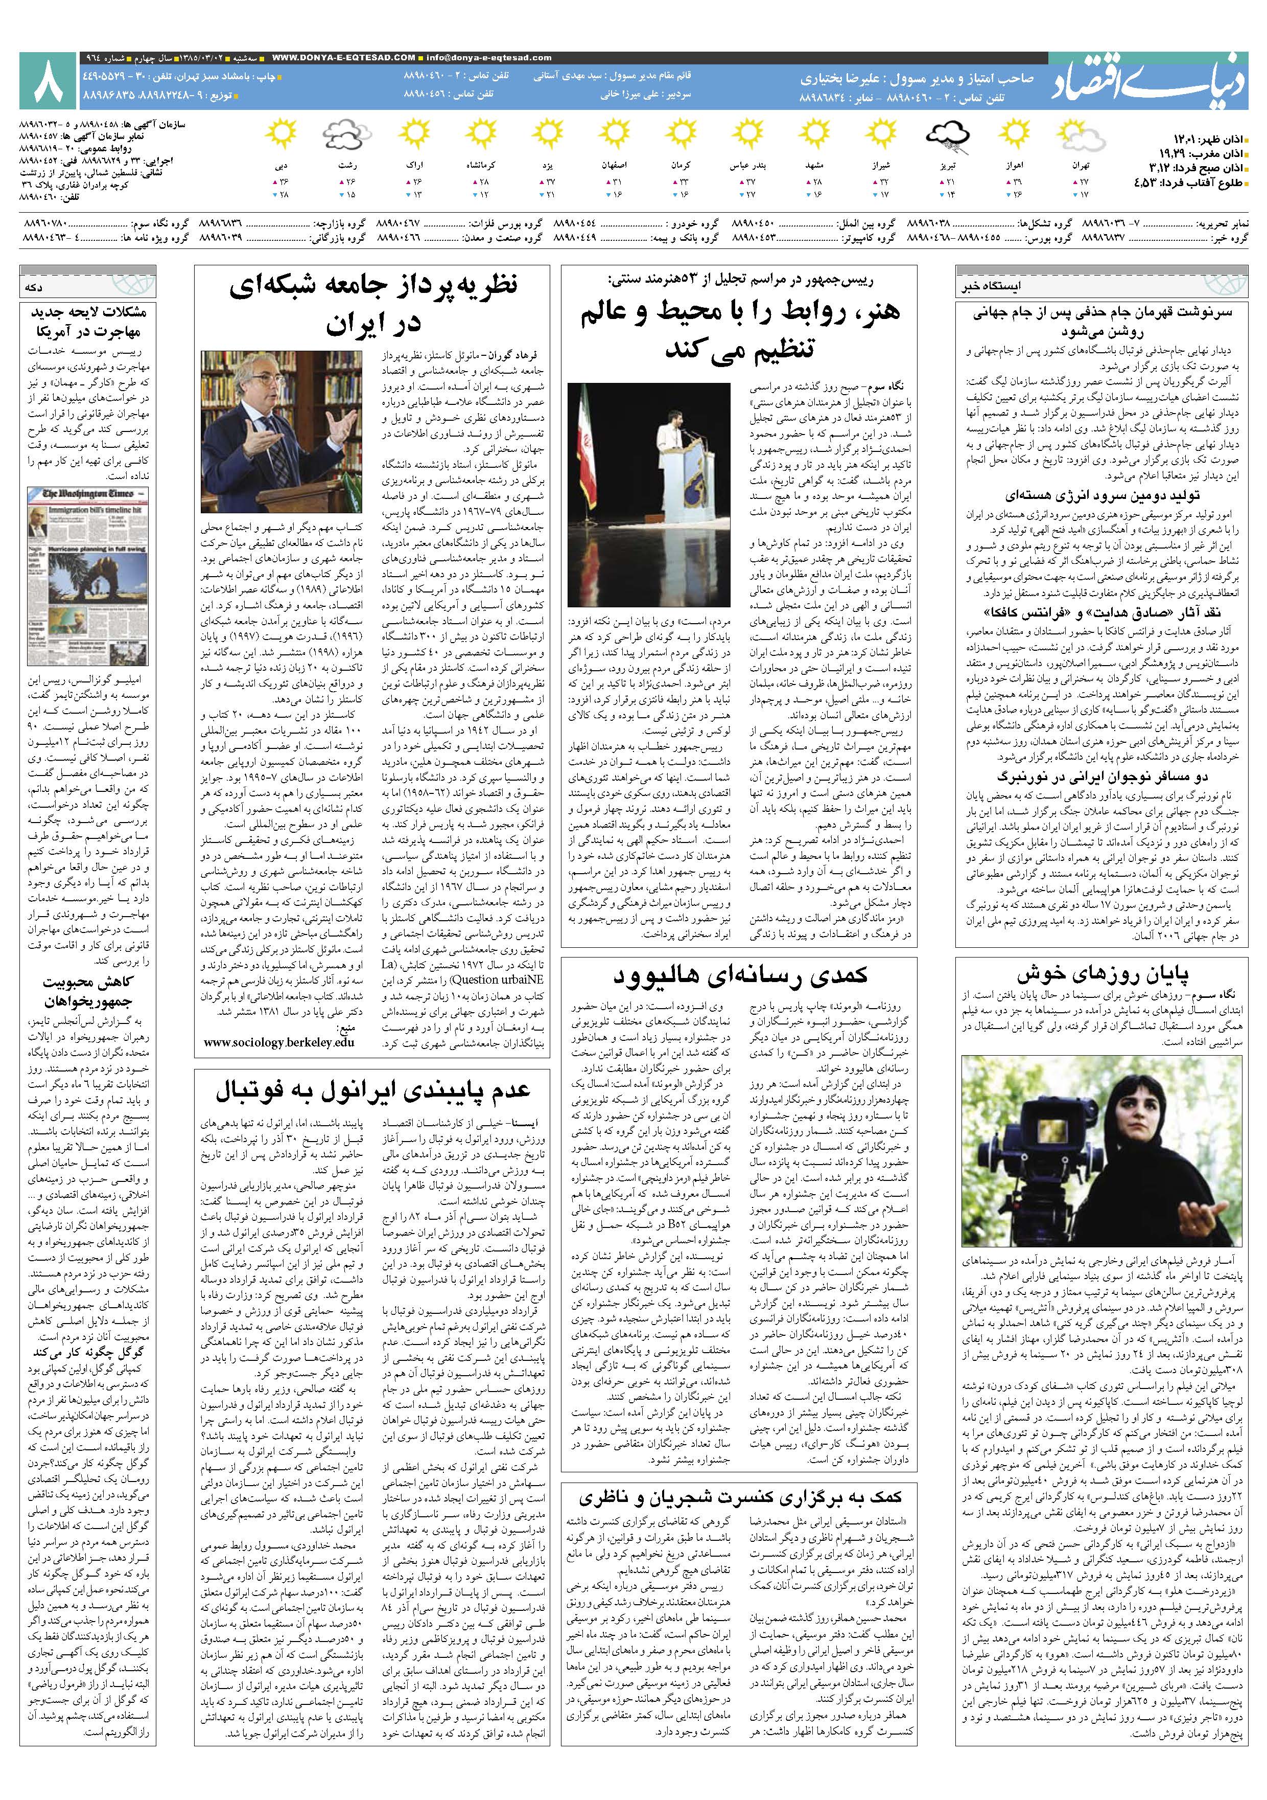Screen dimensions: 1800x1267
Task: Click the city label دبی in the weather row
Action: coord(280,166)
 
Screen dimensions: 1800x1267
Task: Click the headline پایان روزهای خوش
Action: coord(1101,974)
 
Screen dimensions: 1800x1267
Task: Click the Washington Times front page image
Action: coord(86,576)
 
